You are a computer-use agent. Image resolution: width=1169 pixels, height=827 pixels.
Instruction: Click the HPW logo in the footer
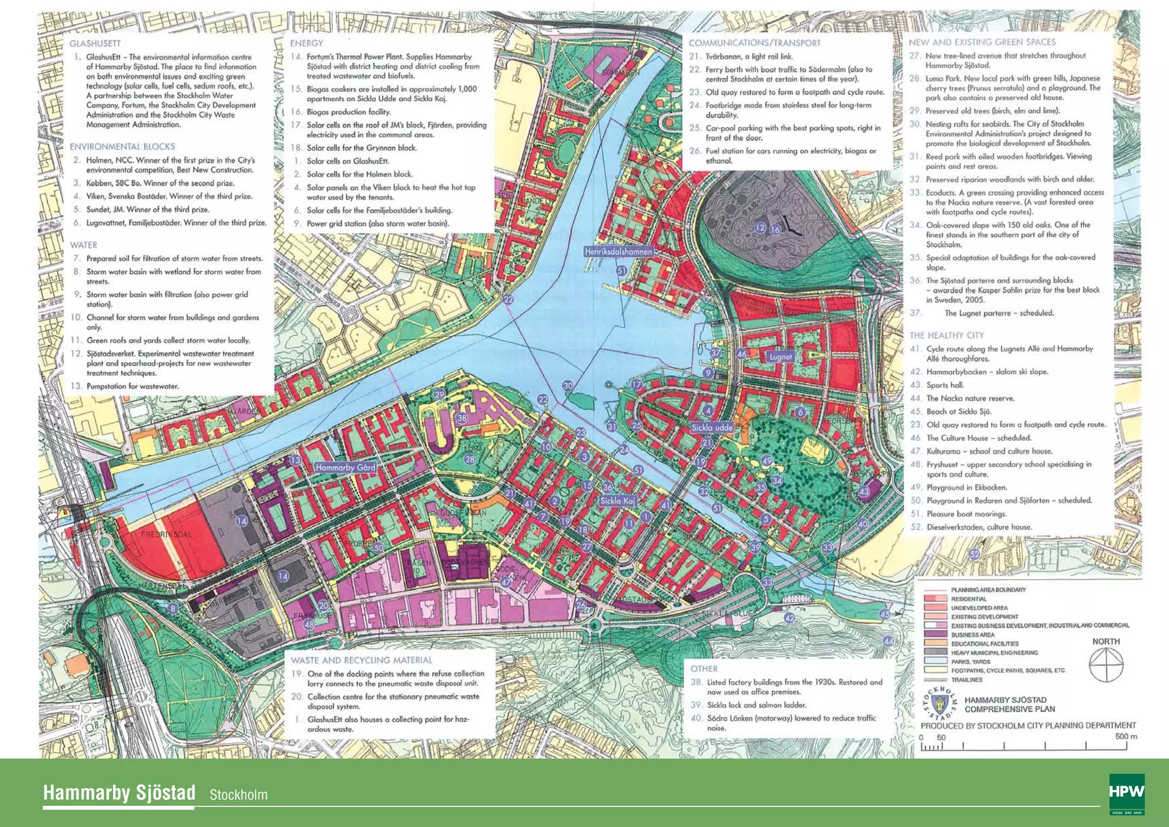point(1127,793)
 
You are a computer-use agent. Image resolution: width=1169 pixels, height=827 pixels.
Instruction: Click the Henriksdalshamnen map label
point(618,251)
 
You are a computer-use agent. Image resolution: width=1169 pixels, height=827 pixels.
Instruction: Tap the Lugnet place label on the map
point(780,357)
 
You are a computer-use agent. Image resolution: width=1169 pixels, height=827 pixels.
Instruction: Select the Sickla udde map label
point(711,427)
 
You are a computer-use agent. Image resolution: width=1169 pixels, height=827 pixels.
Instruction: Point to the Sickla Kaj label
point(617,501)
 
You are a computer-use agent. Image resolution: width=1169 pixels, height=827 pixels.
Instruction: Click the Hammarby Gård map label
point(345,467)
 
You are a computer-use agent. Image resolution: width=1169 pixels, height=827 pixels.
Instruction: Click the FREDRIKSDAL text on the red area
point(167,535)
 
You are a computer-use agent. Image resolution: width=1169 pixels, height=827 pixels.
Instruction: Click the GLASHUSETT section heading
point(95,43)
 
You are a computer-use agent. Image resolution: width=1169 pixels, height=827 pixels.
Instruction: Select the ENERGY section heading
point(307,43)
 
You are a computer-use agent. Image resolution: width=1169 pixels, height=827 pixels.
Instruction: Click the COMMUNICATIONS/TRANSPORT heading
point(755,43)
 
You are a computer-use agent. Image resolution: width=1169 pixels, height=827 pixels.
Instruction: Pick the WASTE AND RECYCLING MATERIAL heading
point(361,660)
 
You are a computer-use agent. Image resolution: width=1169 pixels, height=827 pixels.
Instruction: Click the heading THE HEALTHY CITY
point(946,335)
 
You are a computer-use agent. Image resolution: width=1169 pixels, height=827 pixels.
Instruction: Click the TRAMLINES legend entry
point(966,680)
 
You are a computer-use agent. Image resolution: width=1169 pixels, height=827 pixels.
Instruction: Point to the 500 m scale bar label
point(1126,736)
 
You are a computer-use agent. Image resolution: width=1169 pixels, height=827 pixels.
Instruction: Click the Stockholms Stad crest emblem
point(940,705)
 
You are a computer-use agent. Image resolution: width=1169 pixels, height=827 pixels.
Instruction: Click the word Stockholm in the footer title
point(238,795)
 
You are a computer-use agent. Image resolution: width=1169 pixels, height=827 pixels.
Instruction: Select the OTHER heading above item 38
point(704,669)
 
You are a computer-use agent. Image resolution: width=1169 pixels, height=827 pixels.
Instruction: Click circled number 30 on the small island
point(568,386)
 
